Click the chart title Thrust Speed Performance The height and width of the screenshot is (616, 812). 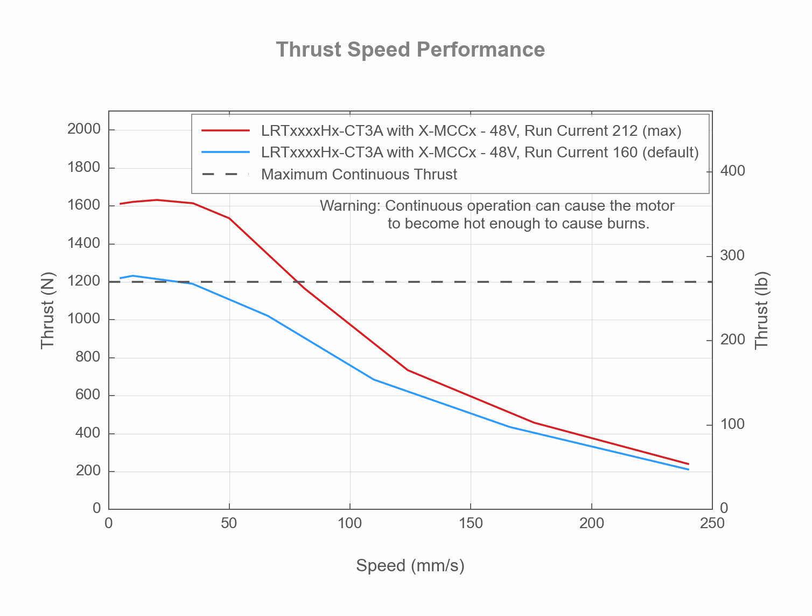point(410,50)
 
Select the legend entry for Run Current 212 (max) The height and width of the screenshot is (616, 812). point(471,130)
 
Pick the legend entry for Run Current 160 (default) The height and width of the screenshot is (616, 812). point(480,153)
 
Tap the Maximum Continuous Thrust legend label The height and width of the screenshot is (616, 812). point(359,175)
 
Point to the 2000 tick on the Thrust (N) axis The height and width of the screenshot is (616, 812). point(84,129)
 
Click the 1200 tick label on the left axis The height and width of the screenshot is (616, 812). point(84,281)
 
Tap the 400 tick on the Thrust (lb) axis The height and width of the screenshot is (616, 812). point(733,171)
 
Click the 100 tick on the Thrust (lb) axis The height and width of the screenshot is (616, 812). point(733,425)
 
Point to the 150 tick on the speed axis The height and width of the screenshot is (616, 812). point(471,523)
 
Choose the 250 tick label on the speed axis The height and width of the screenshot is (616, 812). point(712,523)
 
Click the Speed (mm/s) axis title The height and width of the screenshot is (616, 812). point(410,566)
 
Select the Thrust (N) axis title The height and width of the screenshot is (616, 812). point(48,310)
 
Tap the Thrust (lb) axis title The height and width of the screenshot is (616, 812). point(761,310)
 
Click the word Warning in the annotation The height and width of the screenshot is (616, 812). point(349,206)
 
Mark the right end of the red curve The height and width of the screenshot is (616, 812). point(688,463)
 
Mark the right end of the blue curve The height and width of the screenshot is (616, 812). point(688,469)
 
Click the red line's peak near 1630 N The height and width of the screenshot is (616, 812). point(157,200)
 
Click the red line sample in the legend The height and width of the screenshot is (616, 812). point(226,130)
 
